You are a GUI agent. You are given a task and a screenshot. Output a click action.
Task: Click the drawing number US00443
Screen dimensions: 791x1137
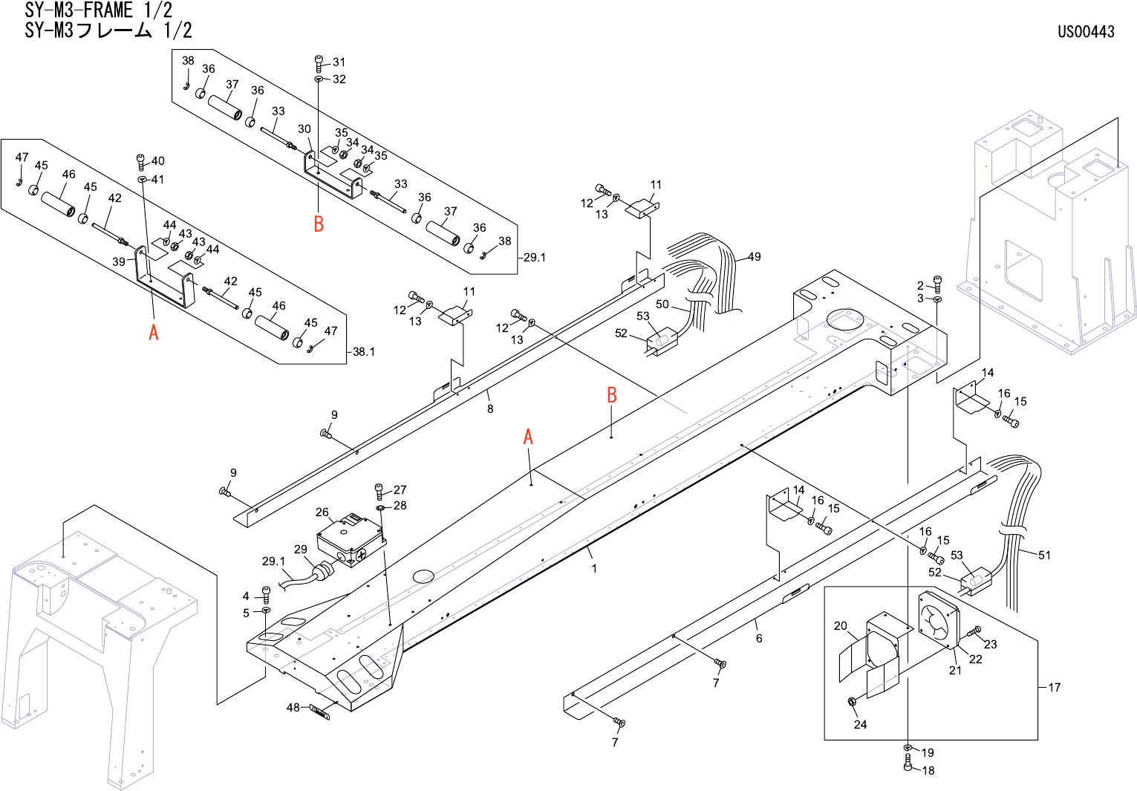(1086, 31)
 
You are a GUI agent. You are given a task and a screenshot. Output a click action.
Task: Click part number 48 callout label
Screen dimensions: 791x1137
(293, 708)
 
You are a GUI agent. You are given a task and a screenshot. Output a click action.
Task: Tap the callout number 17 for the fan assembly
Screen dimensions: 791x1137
(1055, 687)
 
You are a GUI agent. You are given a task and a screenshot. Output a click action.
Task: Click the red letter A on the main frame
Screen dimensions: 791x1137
(528, 437)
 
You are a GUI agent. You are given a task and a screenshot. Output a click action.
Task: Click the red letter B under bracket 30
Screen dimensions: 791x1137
(319, 224)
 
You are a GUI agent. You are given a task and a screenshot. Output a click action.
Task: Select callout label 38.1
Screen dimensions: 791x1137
(364, 352)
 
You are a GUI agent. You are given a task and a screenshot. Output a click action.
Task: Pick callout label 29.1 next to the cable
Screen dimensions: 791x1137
(273, 561)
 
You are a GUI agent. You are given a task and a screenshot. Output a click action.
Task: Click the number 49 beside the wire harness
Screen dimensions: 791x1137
(754, 257)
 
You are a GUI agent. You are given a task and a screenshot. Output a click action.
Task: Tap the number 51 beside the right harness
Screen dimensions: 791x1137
(1044, 555)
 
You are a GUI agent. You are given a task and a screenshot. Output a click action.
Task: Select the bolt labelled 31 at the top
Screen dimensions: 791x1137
(319, 63)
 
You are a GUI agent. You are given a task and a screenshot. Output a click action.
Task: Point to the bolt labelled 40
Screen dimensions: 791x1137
(141, 161)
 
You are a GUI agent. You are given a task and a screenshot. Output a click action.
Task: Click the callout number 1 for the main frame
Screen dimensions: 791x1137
(594, 569)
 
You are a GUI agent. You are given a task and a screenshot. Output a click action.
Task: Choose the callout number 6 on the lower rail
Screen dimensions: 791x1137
(759, 638)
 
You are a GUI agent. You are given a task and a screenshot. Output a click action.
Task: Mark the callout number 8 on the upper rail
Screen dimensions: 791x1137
(490, 408)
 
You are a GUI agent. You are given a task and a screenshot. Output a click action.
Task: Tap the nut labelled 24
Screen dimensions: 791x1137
(853, 702)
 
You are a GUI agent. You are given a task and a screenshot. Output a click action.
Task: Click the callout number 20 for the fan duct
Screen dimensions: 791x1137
(840, 626)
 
